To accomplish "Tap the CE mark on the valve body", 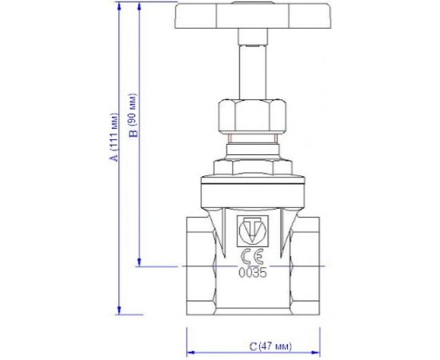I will point(253,257).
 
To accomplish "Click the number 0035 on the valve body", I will point(253,271).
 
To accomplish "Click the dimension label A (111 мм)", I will point(114,137).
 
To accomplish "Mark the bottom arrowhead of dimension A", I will point(120,310).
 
